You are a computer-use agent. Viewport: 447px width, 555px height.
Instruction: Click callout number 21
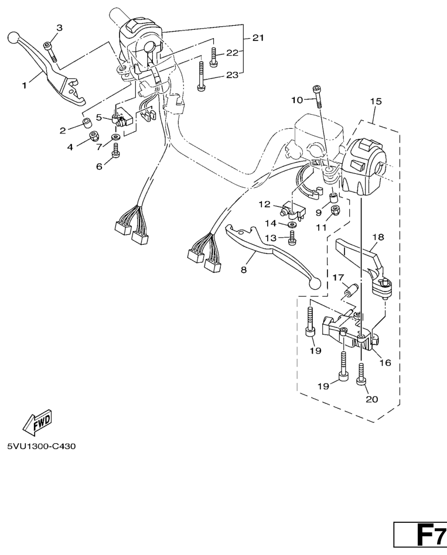[258, 38]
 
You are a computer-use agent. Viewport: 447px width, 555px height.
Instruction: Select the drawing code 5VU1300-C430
[41, 447]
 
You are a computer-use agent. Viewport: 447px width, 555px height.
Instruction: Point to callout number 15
[376, 101]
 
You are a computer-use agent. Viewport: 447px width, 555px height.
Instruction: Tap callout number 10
[298, 100]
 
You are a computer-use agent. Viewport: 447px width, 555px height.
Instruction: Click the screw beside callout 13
[292, 237]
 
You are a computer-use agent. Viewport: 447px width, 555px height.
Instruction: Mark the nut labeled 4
[93, 138]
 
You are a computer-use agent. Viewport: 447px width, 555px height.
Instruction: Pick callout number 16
[385, 363]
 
